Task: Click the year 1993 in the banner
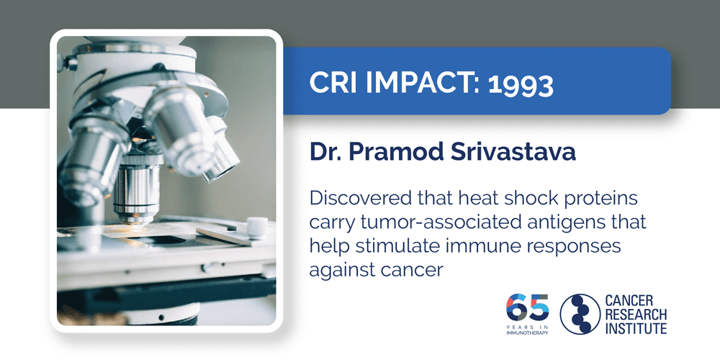[521, 84]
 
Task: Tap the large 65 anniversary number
[527, 306]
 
